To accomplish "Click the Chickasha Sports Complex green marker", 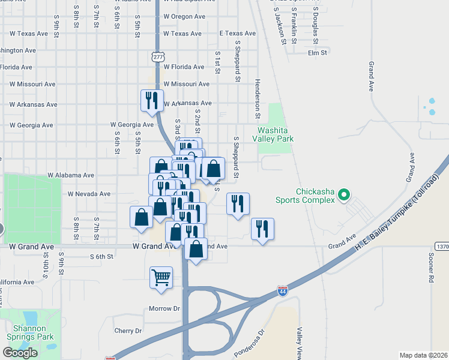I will point(344,194).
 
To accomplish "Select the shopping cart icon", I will point(161,278).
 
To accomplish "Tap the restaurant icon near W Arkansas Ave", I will point(152,100).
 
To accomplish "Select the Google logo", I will point(20,353).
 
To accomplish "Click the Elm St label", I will point(317,53).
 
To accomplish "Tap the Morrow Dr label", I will point(164,308).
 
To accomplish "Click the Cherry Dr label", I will point(128,331).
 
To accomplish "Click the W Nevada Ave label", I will point(89,194).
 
